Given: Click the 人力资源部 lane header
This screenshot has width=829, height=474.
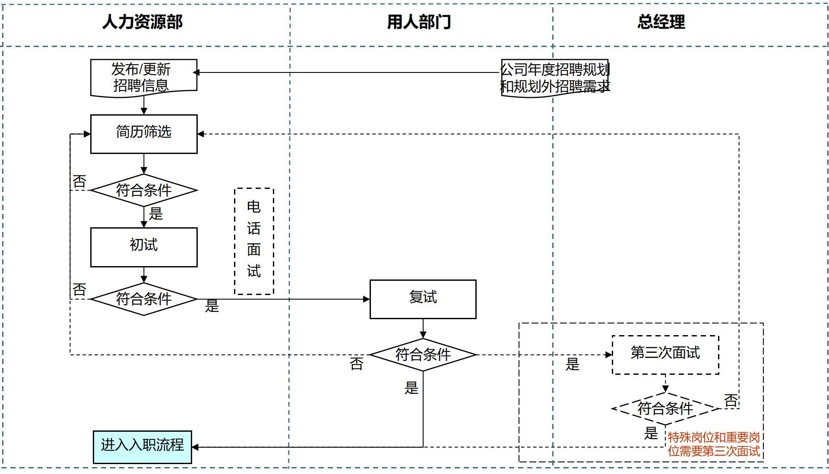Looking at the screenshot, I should tap(142, 22).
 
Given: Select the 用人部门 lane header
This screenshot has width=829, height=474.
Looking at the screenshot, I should tap(419, 22).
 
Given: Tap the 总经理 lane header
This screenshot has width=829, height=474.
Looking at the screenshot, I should tap(661, 22).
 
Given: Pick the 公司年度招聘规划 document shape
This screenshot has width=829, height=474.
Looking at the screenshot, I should tap(555, 78).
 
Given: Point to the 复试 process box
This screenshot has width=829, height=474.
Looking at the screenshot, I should tap(423, 299).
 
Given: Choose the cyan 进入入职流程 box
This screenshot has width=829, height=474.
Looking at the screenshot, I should tap(142, 447).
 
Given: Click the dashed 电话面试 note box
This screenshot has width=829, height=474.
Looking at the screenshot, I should tap(254, 241).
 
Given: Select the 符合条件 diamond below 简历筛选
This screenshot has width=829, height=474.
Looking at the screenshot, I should tap(144, 190).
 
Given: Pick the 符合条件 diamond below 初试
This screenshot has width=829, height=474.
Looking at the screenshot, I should tap(144, 299).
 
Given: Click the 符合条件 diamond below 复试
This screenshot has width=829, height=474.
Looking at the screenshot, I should tap(423, 355).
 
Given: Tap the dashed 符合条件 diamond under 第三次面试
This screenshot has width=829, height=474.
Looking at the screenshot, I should tap(665, 408).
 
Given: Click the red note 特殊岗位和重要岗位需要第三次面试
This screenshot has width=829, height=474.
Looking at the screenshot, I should tap(714, 444).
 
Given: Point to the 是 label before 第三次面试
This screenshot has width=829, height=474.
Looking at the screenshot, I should tap(573, 364).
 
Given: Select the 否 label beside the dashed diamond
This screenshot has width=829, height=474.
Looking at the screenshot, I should tap(731, 400).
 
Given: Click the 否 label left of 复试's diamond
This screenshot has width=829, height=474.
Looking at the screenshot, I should tap(357, 364).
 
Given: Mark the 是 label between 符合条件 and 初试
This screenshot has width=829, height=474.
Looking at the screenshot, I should tap(156, 213).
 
